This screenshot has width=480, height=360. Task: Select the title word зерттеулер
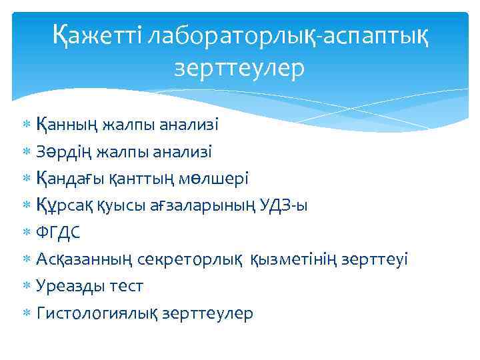pos(239,68)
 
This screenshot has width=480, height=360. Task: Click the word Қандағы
pos(67,179)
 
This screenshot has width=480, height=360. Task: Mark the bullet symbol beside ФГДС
pos(27,233)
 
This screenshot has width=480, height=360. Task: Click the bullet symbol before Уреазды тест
pos(27,287)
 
